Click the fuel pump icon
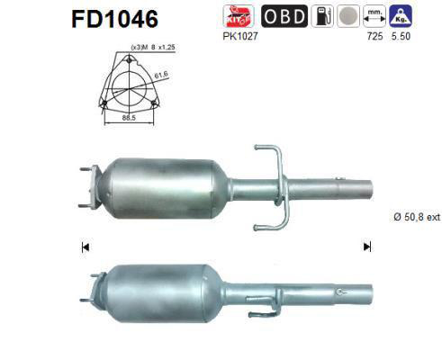point(321,15)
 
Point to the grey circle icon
point(347,16)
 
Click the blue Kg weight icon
point(401,15)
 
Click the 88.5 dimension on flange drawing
point(131,117)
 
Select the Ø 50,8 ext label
point(414,217)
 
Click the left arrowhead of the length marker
point(85,247)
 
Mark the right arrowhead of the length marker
point(366,247)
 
